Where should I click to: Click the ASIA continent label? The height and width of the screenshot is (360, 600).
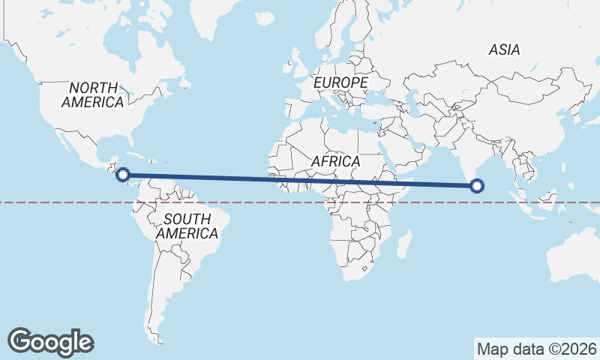click(x=503, y=49)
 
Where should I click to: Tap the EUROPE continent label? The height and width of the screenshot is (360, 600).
click(x=341, y=82)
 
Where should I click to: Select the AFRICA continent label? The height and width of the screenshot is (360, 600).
click(x=335, y=161)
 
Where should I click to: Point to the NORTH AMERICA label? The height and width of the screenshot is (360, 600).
click(x=93, y=95)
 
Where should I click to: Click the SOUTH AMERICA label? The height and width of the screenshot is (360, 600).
click(x=187, y=226)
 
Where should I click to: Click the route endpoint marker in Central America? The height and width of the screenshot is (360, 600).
click(x=123, y=175)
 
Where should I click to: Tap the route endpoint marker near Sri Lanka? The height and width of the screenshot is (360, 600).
click(x=476, y=185)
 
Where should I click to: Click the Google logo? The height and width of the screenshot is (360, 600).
click(x=50, y=341)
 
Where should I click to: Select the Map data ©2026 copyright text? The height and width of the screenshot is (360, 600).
click(x=537, y=349)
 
